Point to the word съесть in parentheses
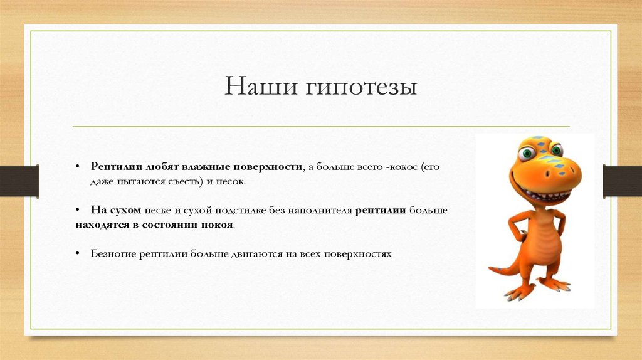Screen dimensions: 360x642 pyautogui.click(x=182, y=181)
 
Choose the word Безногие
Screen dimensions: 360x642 pyautogui.click(x=113, y=255)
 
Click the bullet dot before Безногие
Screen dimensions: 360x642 pyautogui.click(x=76, y=255)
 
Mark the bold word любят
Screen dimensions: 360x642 pyautogui.click(x=162, y=167)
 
